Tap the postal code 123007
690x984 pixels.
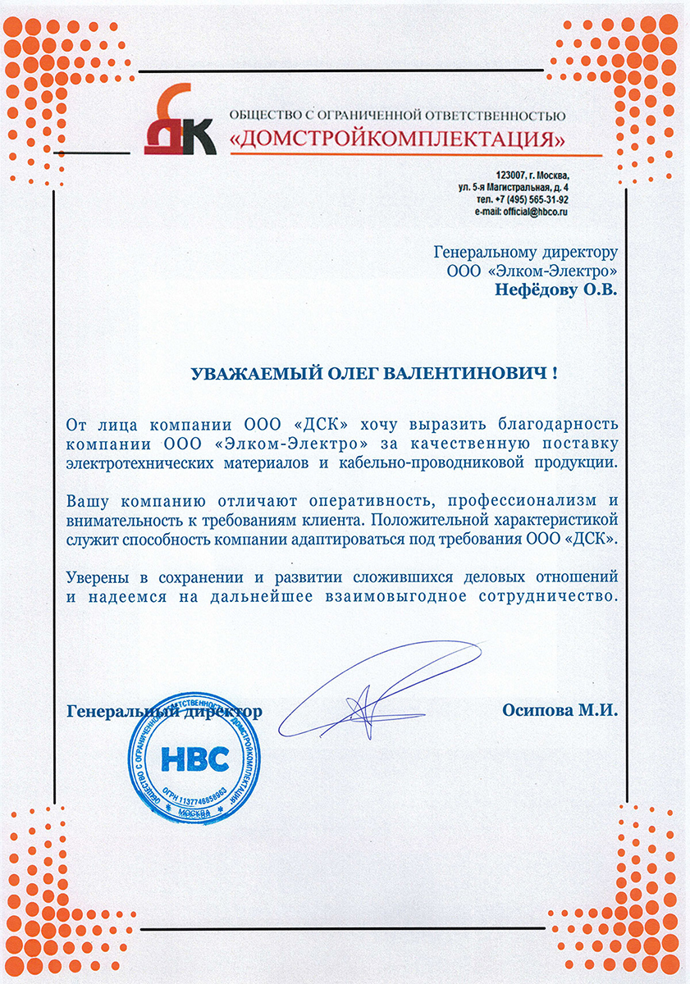512,175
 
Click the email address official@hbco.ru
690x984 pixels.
537,212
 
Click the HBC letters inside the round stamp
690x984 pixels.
195,759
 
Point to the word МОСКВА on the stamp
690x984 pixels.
194,812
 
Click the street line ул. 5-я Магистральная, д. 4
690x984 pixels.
514,188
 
